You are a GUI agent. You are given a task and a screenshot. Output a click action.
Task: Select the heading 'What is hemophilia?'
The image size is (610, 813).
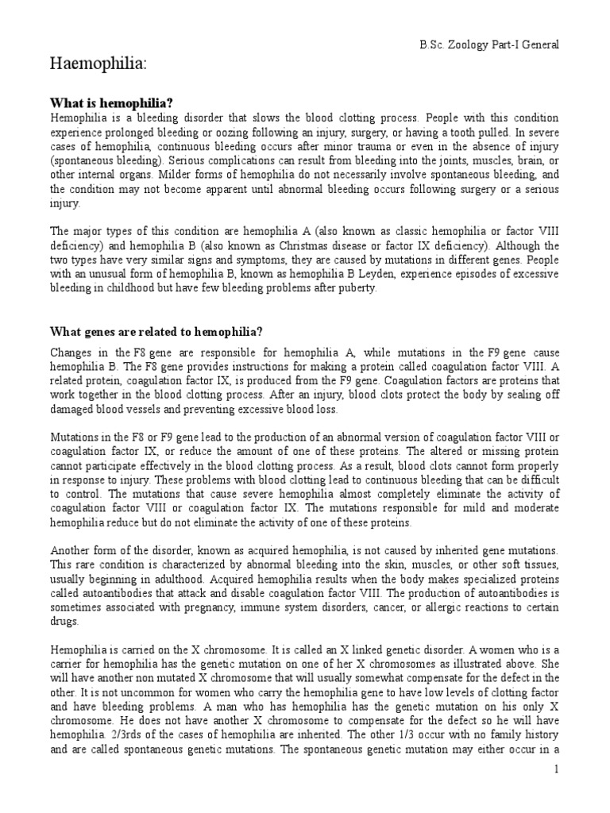[x=112, y=103]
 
